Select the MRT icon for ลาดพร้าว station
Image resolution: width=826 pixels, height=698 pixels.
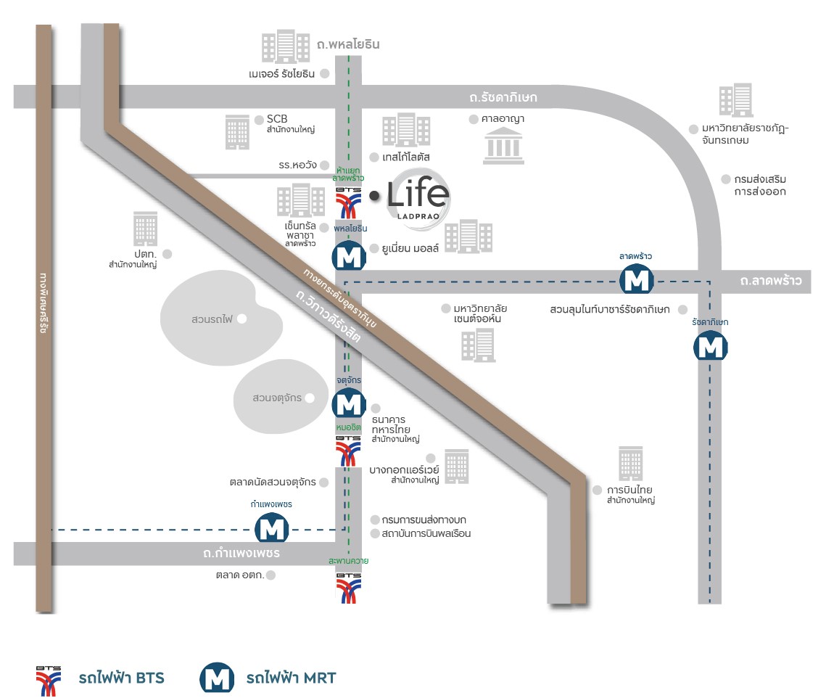click(636, 279)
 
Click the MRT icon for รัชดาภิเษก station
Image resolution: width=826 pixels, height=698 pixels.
click(710, 346)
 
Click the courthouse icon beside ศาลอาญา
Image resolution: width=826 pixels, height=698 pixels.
click(505, 145)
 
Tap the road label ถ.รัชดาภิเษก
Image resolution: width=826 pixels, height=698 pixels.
click(503, 97)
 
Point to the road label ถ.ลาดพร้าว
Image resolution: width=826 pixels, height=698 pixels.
click(771, 281)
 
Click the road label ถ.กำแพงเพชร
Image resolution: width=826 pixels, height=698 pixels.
click(241, 554)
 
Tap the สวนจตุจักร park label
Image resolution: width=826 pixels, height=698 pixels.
click(277, 398)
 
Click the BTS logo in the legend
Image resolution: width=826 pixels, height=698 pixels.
click(49, 678)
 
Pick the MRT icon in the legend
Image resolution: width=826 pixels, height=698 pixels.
click(217, 678)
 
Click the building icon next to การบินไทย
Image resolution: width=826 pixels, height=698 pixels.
click(630, 464)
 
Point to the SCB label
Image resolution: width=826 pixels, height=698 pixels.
click(277, 120)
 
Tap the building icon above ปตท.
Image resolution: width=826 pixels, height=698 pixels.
click(145, 229)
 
